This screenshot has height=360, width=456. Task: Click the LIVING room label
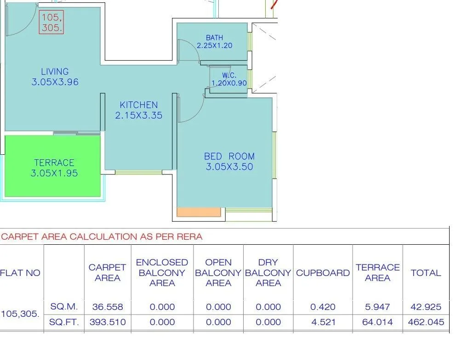click(x=55, y=72)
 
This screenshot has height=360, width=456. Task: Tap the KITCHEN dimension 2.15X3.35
click(x=139, y=116)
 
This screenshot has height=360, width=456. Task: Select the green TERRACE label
click(x=54, y=163)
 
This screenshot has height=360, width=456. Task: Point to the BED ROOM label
click(x=229, y=157)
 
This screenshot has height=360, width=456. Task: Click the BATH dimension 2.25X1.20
click(x=215, y=45)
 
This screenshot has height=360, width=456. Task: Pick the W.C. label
click(x=229, y=75)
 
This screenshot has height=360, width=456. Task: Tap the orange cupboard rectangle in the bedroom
click(x=199, y=212)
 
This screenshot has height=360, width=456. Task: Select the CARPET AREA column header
click(x=107, y=273)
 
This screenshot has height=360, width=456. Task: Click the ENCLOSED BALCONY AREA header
click(x=162, y=273)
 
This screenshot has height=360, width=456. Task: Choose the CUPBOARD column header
click(x=323, y=273)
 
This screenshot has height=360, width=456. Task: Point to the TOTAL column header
click(x=426, y=273)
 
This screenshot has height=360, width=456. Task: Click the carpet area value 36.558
click(x=107, y=307)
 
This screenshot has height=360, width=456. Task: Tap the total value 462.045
click(x=426, y=322)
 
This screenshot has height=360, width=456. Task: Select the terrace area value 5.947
click(x=377, y=307)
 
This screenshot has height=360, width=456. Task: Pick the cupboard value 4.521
click(x=323, y=322)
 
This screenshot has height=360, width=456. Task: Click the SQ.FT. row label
click(x=64, y=322)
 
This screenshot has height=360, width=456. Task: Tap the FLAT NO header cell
click(x=20, y=273)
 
